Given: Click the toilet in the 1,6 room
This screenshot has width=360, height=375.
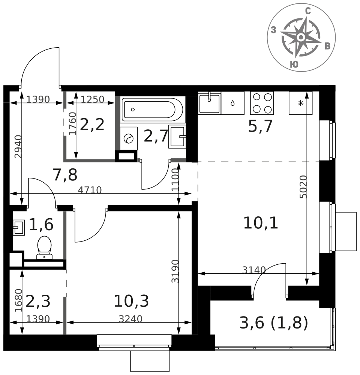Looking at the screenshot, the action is [45, 247].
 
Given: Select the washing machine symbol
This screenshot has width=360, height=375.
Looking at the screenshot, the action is [129, 138].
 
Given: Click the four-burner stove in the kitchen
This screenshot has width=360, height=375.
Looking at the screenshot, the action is [262, 103].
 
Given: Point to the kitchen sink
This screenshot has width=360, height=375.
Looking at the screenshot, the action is [209, 103].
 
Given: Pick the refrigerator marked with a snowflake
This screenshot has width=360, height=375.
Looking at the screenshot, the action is [300, 103].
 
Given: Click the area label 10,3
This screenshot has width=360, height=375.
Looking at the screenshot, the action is [131, 301].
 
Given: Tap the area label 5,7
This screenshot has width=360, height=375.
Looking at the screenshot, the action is [261, 126].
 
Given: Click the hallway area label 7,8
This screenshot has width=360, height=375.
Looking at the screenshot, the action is [65, 175].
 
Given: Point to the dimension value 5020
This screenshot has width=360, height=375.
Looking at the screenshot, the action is [303, 187].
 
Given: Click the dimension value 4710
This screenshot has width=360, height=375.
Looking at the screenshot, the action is [90, 190].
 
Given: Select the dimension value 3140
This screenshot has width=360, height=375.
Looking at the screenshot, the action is [254, 270].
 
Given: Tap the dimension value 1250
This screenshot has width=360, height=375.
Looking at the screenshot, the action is [93, 99].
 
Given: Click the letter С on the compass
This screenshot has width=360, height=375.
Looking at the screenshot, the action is [308, 11].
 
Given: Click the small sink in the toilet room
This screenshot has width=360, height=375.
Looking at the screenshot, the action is [19, 228].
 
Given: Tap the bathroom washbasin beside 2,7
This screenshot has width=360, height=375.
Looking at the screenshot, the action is [177, 136].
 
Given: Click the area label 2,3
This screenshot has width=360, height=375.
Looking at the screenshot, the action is [38, 301].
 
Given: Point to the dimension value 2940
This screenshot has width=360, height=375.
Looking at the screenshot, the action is [18, 147].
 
